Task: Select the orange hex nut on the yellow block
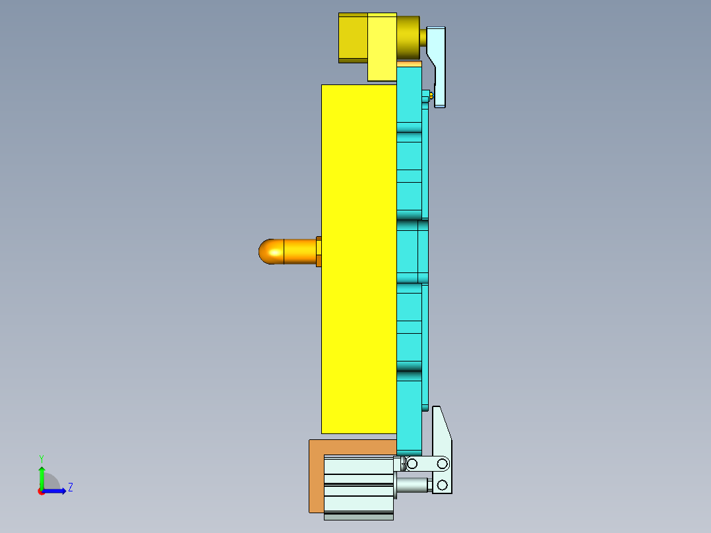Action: pos(319,251)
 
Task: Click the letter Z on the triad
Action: pos(71,487)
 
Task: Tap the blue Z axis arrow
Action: pos(57,491)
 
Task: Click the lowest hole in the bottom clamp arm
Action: pos(441,486)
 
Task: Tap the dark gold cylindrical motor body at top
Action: pos(408,38)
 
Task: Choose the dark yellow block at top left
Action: pos(352,38)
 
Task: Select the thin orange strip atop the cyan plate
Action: pos(410,64)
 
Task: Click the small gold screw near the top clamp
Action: pos(431,96)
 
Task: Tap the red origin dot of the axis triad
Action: pos(42,491)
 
